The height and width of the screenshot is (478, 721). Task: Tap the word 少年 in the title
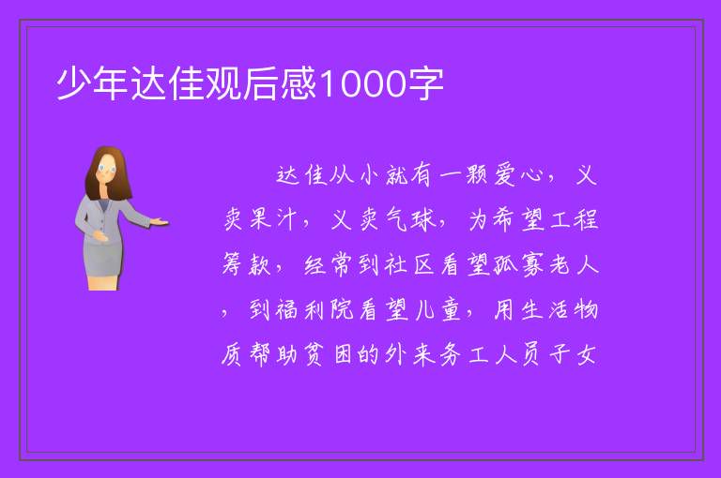pyautogui.click(x=92, y=84)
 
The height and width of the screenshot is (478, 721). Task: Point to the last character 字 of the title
pyautogui.click(x=425, y=84)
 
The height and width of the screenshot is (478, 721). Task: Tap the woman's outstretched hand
pyautogui.click(x=159, y=222)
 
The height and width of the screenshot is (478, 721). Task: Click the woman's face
pyautogui.click(x=107, y=169)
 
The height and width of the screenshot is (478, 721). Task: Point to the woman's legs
pyautogui.click(x=103, y=282)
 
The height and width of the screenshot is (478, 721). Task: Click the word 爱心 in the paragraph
pyautogui.click(x=519, y=175)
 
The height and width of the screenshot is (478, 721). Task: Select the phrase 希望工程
pyautogui.click(x=533, y=219)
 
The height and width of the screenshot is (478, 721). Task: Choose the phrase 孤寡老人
pyautogui.click(x=545, y=264)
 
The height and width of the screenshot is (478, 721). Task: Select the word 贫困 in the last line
pyautogui.click(x=328, y=354)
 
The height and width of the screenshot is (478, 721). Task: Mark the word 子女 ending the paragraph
pyautogui.click(x=574, y=354)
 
